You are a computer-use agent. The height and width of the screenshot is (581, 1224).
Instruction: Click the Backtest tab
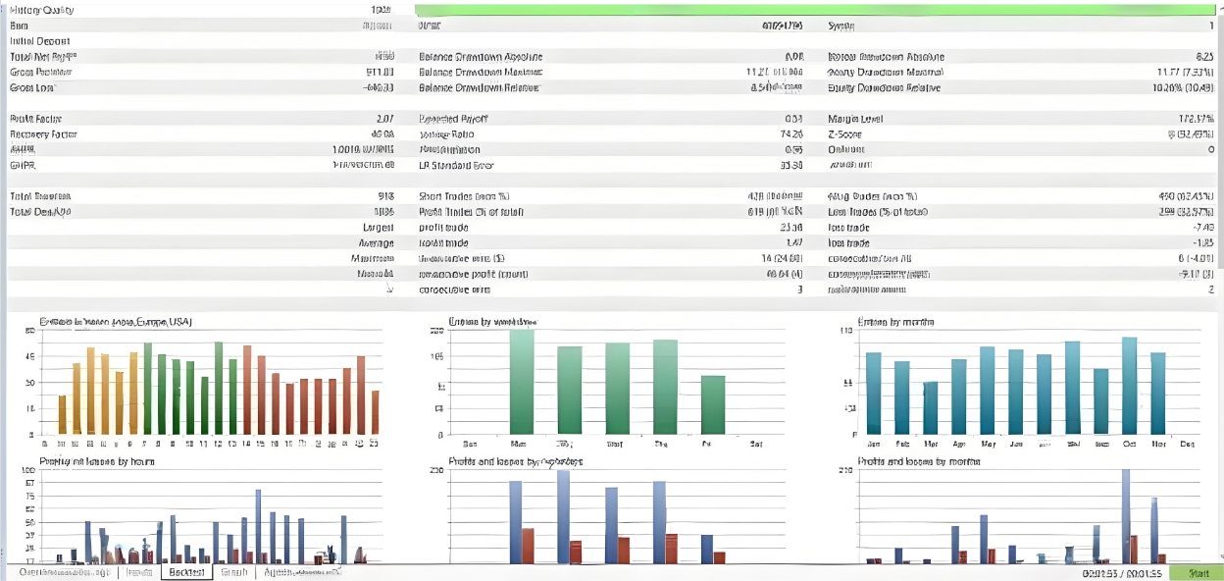click(x=185, y=572)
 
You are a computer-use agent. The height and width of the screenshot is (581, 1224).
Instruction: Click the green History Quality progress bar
click(x=814, y=10)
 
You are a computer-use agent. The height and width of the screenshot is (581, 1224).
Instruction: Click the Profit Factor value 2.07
click(x=384, y=119)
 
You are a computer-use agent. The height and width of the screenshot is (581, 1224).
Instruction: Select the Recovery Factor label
click(x=43, y=134)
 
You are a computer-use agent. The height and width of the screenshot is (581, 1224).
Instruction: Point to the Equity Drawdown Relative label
click(x=884, y=88)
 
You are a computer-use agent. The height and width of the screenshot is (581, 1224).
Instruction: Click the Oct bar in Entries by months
click(x=1129, y=386)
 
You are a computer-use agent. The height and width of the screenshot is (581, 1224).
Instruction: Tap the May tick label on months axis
click(x=988, y=444)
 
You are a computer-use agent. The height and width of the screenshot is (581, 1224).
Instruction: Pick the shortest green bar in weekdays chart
click(x=713, y=404)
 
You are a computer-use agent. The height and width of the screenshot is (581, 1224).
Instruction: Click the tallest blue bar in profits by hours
click(x=258, y=525)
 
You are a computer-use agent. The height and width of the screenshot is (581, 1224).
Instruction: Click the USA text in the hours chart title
click(x=178, y=322)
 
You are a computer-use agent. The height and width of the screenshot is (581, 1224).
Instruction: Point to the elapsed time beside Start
click(x=1107, y=572)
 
